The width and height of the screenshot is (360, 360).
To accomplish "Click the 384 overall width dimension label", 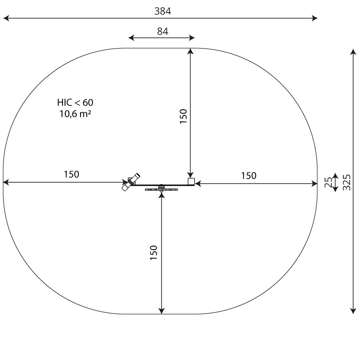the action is pos(162,11).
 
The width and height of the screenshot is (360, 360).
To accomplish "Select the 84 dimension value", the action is pos(162,31).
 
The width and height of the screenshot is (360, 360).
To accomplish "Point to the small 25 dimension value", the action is pos(328,183).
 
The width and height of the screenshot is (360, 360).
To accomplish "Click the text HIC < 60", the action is pos(75,103).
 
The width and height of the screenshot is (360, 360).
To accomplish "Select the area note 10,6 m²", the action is pos(75,114).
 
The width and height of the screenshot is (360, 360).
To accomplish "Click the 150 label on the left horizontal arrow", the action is pos(72,175).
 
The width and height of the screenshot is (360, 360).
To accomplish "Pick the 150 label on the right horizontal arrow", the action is pos(249,176).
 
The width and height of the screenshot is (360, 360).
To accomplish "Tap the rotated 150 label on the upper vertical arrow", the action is pos(183,117).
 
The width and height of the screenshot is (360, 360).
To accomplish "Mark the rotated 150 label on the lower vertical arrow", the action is pos(153,252).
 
